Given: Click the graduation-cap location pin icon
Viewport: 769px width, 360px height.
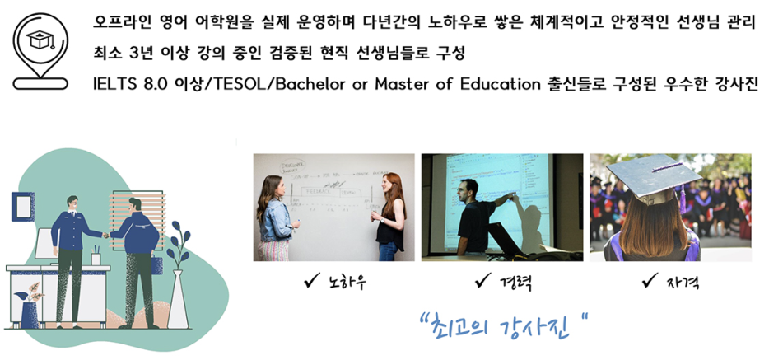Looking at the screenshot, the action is tap(40, 52).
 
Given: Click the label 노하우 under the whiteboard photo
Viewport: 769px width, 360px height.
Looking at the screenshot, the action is tap(347, 283).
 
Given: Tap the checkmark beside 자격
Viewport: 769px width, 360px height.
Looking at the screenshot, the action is tap(650, 282).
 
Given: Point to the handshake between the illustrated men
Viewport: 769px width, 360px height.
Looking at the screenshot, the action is tap(105, 236).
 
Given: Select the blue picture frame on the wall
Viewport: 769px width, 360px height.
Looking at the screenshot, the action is tap(23, 207).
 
